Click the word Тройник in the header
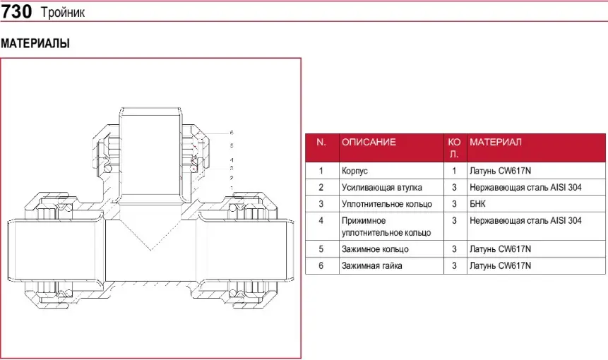62,13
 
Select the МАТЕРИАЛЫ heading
35,44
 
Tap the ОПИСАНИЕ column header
369,142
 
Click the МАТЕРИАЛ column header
496,142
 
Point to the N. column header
321,142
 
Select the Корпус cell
354,171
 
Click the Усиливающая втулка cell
381,188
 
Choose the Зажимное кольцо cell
374,249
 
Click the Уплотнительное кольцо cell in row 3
386,204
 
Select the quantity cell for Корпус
454,171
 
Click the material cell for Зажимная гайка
500,266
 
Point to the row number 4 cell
321,221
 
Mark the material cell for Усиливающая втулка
525,188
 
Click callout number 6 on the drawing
231,133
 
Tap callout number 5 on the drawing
231,145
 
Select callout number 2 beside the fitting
231,178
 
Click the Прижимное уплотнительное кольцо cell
386,227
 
